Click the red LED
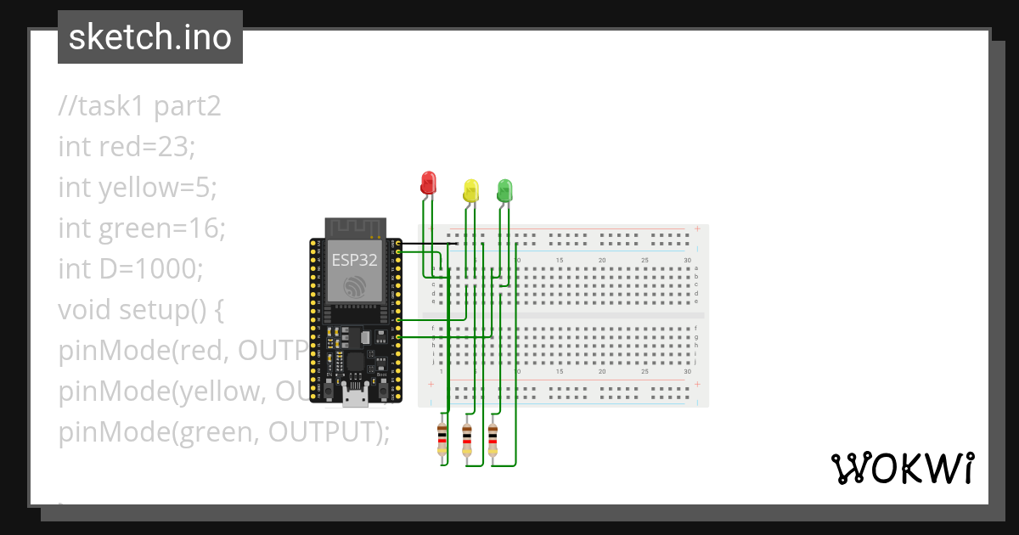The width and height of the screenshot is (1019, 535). (428, 182)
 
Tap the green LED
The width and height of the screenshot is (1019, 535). (504, 189)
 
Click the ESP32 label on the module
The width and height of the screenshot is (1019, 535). (354, 260)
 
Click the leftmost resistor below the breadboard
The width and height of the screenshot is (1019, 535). (442, 439)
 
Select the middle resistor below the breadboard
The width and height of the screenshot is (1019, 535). (466, 439)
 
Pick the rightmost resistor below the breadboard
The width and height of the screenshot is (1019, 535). (493, 439)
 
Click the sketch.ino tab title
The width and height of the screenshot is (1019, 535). (150, 37)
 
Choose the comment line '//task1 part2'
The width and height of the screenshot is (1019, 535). (139, 106)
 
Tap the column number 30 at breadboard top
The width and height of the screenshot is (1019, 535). (687, 260)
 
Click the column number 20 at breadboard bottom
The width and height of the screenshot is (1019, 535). (602, 372)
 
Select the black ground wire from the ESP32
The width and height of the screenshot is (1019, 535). (429, 245)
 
